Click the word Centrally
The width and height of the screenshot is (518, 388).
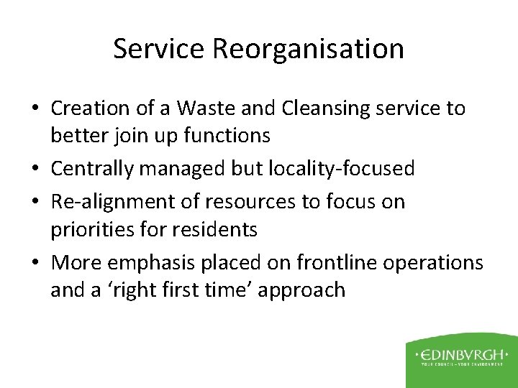94,168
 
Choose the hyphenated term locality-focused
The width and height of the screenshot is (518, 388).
341,168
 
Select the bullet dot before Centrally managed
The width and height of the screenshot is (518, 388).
37,169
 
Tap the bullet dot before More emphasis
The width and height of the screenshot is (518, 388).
37,264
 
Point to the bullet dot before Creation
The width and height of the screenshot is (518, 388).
37,109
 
